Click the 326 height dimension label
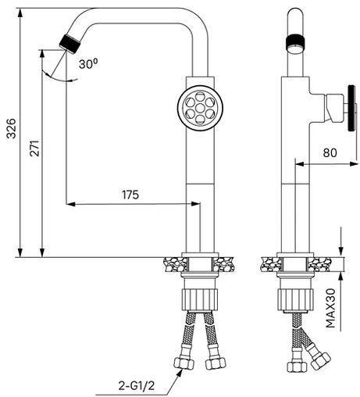[12, 128]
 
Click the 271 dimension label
[34, 148]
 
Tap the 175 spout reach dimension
[130, 195]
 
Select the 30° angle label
[88, 63]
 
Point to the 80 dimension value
[330, 153]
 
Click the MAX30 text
[331, 308]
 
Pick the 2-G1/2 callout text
[137, 385]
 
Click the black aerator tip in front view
[70, 44]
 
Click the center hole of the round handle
[200, 108]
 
